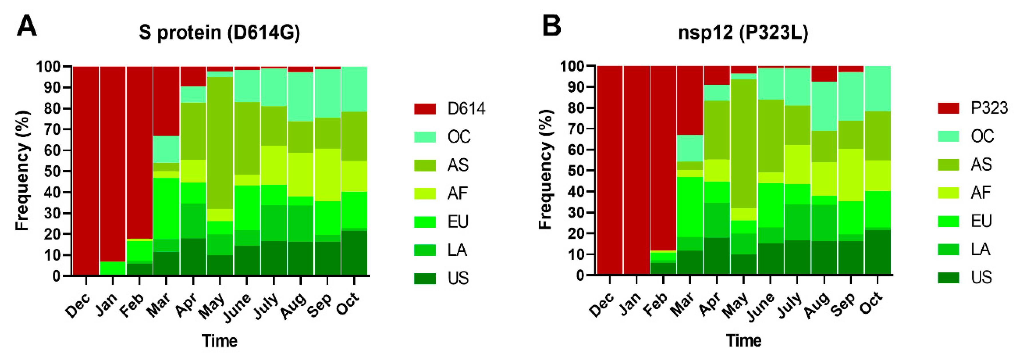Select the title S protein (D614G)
[219, 32]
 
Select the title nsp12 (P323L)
[743, 32]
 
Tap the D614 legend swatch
[425, 109]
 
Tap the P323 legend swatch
[948, 108]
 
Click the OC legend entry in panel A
[458, 137]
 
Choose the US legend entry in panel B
[981, 277]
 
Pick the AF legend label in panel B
[981, 192]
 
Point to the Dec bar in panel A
[86, 170]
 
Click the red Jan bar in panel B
[637, 170]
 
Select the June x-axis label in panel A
[237, 307]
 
